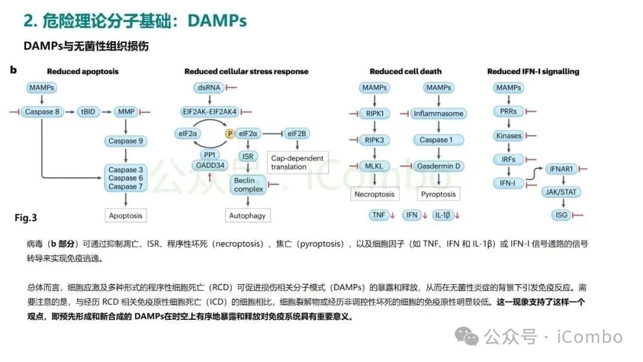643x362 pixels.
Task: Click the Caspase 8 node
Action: (x=41, y=111)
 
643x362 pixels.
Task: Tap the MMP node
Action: (x=126, y=111)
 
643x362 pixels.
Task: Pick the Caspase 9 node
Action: (x=126, y=141)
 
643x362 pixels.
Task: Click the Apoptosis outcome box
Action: (x=126, y=216)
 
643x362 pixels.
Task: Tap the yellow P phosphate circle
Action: (x=230, y=134)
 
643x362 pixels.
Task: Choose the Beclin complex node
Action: (x=248, y=185)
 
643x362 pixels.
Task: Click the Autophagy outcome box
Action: (x=247, y=216)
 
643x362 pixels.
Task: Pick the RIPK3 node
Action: (x=374, y=140)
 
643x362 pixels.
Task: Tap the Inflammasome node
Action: (x=439, y=113)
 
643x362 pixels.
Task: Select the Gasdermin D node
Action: (x=439, y=166)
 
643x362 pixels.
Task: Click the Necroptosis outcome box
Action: (x=374, y=194)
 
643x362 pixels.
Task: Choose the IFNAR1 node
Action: (x=561, y=169)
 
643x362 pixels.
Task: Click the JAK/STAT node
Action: (x=561, y=192)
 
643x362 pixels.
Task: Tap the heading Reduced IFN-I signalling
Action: (x=533, y=71)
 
